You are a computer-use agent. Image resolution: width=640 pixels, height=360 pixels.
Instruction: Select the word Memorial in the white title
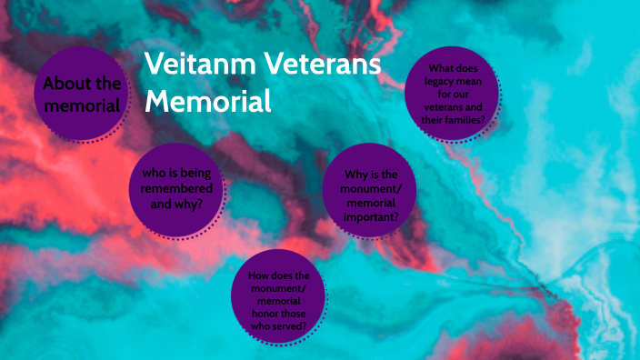click(x=208, y=100)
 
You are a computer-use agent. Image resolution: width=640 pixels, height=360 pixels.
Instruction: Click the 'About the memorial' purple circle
click(x=80, y=95)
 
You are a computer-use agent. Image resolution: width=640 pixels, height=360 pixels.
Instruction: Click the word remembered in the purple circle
click(x=176, y=188)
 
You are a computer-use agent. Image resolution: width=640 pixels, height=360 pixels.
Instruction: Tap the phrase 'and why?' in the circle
click(x=176, y=204)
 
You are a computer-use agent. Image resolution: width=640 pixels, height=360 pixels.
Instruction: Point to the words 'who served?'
click(x=279, y=325)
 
